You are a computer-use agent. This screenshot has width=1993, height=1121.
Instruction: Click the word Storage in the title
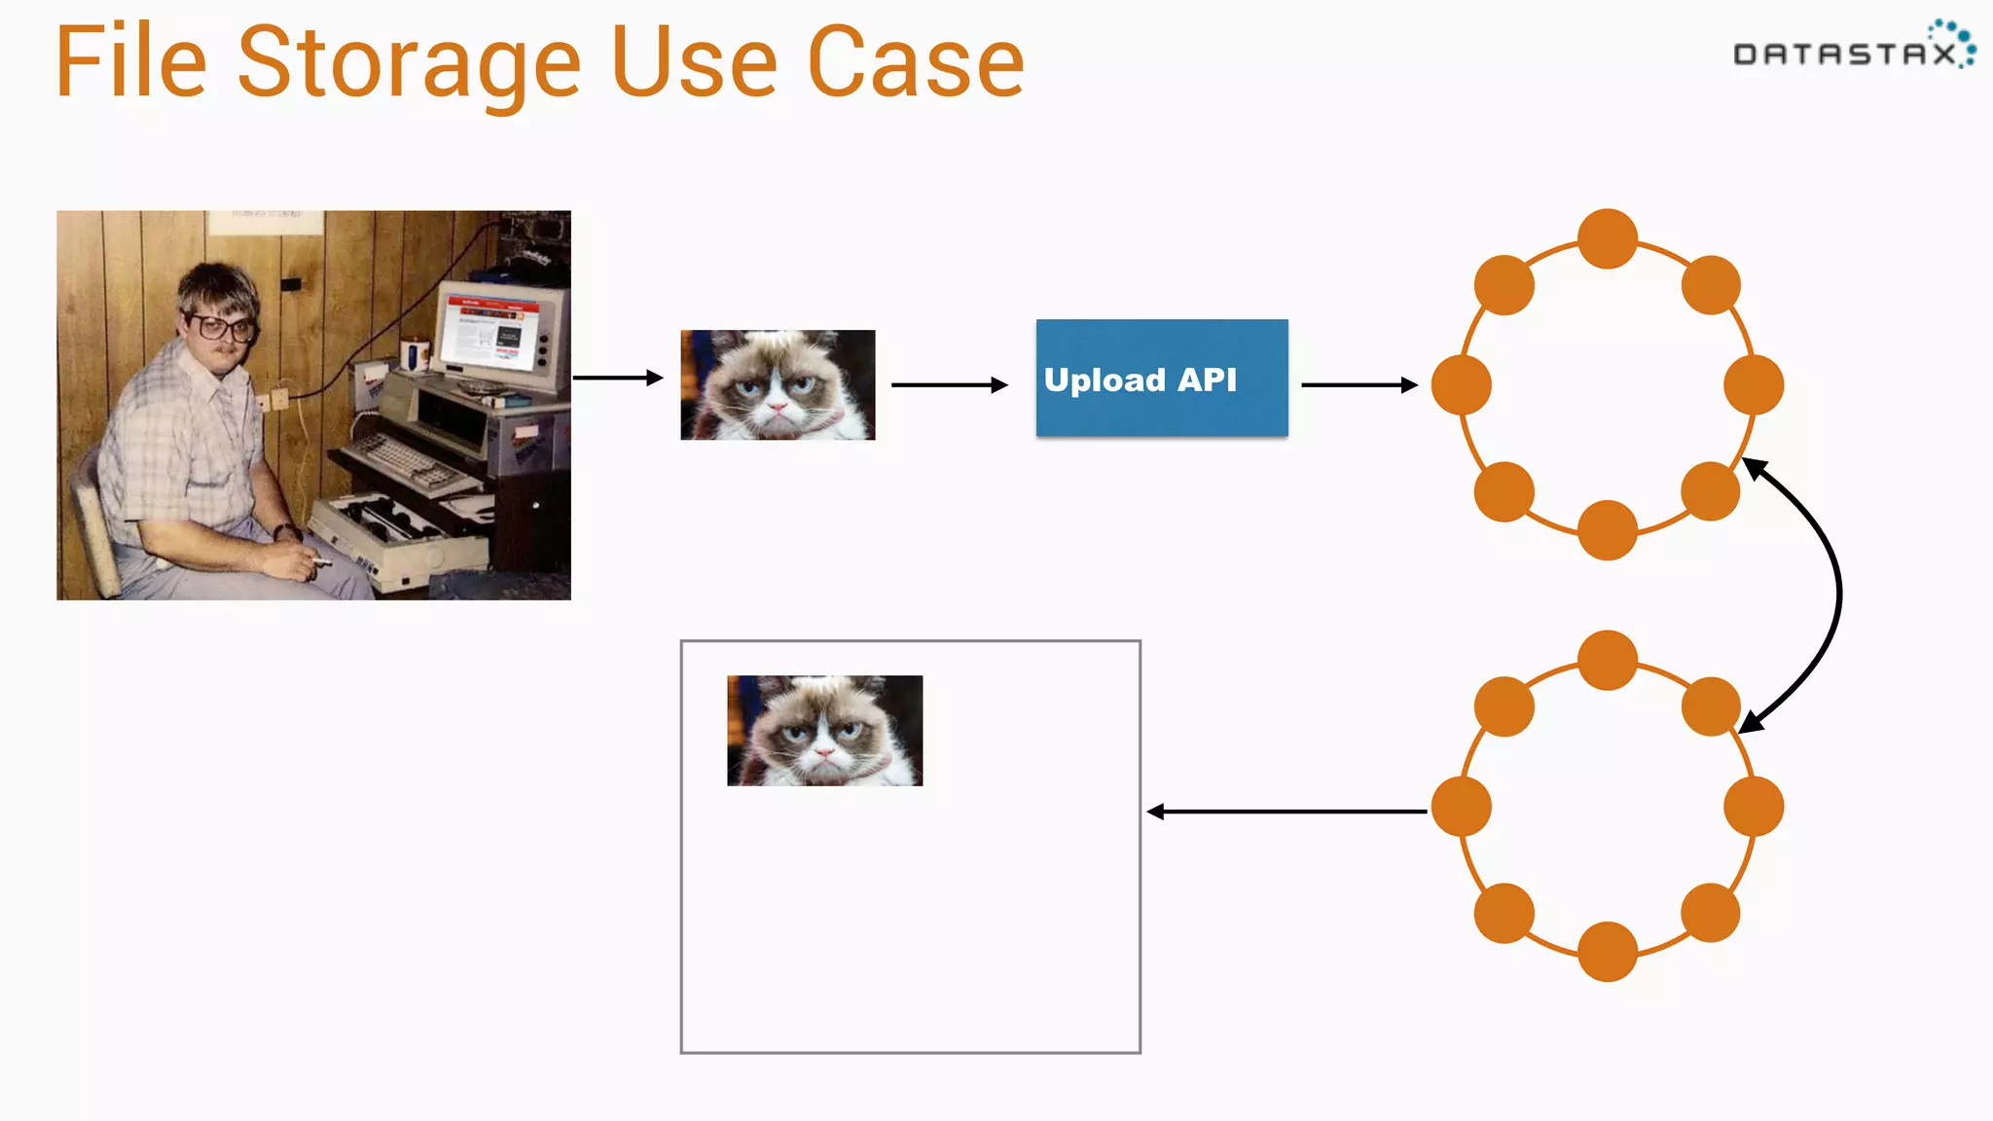tap(409, 64)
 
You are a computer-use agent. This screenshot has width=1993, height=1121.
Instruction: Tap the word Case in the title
tap(915, 64)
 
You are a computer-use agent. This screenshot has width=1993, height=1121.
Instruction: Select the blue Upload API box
tap(1161, 378)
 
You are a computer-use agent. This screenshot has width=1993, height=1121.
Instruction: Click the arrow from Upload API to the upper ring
tap(1359, 385)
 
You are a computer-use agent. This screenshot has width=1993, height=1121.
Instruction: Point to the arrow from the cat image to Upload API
tap(949, 385)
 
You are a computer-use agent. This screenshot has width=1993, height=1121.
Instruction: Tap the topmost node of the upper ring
tap(1607, 239)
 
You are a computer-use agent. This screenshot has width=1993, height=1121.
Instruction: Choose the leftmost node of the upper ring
tap(1462, 385)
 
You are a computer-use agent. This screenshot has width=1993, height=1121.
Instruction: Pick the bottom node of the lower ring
tap(1607, 952)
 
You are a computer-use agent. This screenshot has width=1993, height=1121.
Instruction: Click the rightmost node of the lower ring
tap(1753, 807)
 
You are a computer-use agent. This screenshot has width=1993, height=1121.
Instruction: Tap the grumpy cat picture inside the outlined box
tap(824, 731)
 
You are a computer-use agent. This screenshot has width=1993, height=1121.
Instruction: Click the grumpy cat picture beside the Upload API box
tap(778, 385)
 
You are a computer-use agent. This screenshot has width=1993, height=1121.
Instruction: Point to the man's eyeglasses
tap(222, 327)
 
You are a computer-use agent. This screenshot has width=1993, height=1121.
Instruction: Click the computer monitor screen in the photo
tap(492, 335)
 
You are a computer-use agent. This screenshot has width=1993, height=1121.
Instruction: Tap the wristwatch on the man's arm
tap(284, 532)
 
